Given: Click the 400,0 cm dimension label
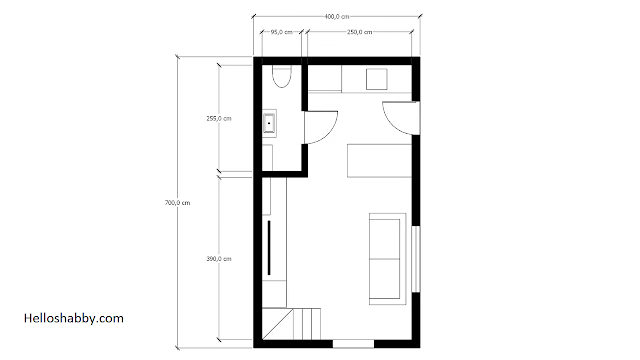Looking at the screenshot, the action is pyautogui.click(x=337, y=17).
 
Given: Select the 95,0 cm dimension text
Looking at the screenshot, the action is pyautogui.click(x=282, y=32).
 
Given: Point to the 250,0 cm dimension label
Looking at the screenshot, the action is pyautogui.click(x=360, y=32).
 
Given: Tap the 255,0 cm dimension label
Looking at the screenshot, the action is pyautogui.click(x=219, y=119).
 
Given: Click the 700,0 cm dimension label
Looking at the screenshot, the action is pyautogui.click(x=178, y=203).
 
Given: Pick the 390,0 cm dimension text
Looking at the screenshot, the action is pyautogui.click(x=219, y=259).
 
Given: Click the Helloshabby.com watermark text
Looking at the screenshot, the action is pyautogui.click(x=74, y=318).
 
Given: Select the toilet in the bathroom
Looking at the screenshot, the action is pyautogui.click(x=282, y=77).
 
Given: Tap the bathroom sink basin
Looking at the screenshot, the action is pyautogui.click(x=269, y=123).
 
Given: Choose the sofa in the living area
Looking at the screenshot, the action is pyautogui.click(x=387, y=259).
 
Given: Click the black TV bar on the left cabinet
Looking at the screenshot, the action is pyautogui.click(x=269, y=248).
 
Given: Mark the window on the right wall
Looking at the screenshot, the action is pyautogui.click(x=416, y=259).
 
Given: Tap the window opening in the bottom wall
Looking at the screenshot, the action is pyautogui.click(x=353, y=344).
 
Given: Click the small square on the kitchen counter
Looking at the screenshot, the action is pyautogui.click(x=376, y=79).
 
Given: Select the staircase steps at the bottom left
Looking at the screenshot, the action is pyautogui.click(x=307, y=324).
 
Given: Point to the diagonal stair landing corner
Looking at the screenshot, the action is pyautogui.click(x=278, y=324).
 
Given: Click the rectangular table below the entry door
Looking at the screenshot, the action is pyautogui.click(x=379, y=160).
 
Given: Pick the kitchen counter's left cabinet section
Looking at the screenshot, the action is pyautogui.click(x=324, y=78).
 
